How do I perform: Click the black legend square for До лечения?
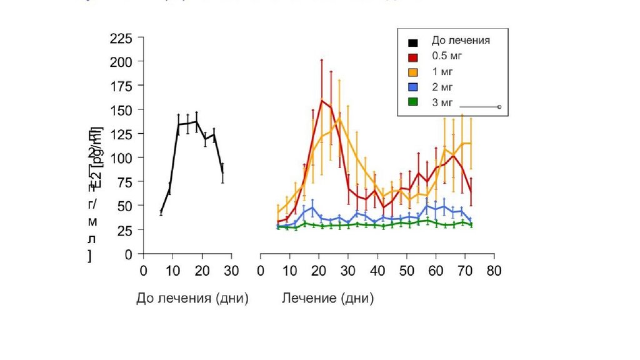pos(413,42)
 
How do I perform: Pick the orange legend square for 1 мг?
pos(413,72)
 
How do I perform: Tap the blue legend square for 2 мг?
pos(413,87)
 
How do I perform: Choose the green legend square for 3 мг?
pos(413,102)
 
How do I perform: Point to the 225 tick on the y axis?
pos(121,39)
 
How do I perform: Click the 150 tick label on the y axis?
pos(121,110)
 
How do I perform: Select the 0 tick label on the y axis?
pos(129,254)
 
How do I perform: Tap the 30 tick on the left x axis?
pos(231,271)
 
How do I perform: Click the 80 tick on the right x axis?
pos(494,271)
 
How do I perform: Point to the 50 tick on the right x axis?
pos(406,271)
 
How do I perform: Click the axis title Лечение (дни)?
pos(328,299)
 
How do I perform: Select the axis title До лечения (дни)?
pos(192,299)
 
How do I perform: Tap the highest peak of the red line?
pos(322,100)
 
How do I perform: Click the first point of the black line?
pos(161,212)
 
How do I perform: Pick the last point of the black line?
pos(222,173)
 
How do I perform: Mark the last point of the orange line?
pos(471,143)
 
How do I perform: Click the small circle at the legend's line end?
pos(499,107)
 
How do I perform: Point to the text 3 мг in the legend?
pos(442,102)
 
